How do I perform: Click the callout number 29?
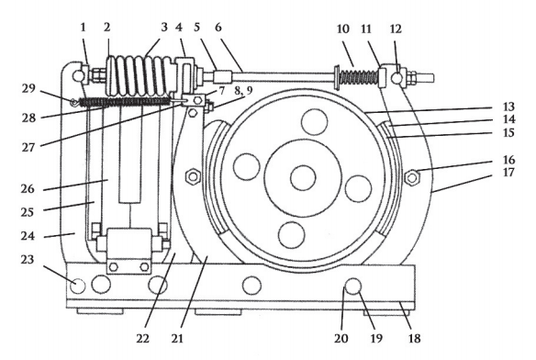tap(29, 89)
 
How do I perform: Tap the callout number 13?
tap(508, 107)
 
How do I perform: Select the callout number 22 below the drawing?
tap(143, 339)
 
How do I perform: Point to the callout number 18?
tap(414, 339)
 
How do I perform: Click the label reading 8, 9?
tap(243, 91)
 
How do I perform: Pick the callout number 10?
tap(343, 29)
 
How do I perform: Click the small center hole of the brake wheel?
tap(303, 177)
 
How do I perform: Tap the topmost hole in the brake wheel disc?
tap(314, 121)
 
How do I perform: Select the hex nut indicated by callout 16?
tap(412, 177)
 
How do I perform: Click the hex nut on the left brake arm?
tap(193, 176)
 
